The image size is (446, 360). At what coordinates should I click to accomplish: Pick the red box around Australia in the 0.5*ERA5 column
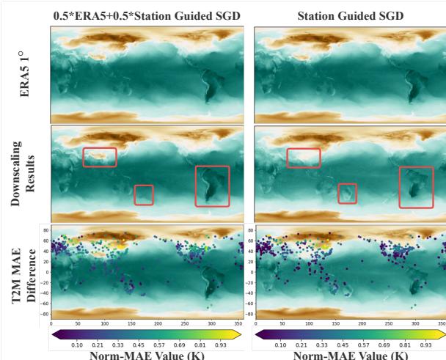click(144, 194)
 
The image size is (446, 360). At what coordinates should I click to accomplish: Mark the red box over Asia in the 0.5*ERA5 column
click(100, 157)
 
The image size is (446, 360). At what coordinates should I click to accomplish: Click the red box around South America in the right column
click(416, 187)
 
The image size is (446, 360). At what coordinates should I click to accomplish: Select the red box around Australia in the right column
click(347, 193)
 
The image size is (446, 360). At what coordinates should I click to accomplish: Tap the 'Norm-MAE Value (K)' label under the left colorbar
click(147, 354)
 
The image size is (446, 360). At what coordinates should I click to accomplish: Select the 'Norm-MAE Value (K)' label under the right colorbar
click(351, 354)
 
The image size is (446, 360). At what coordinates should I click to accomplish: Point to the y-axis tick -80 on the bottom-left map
click(45, 314)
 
